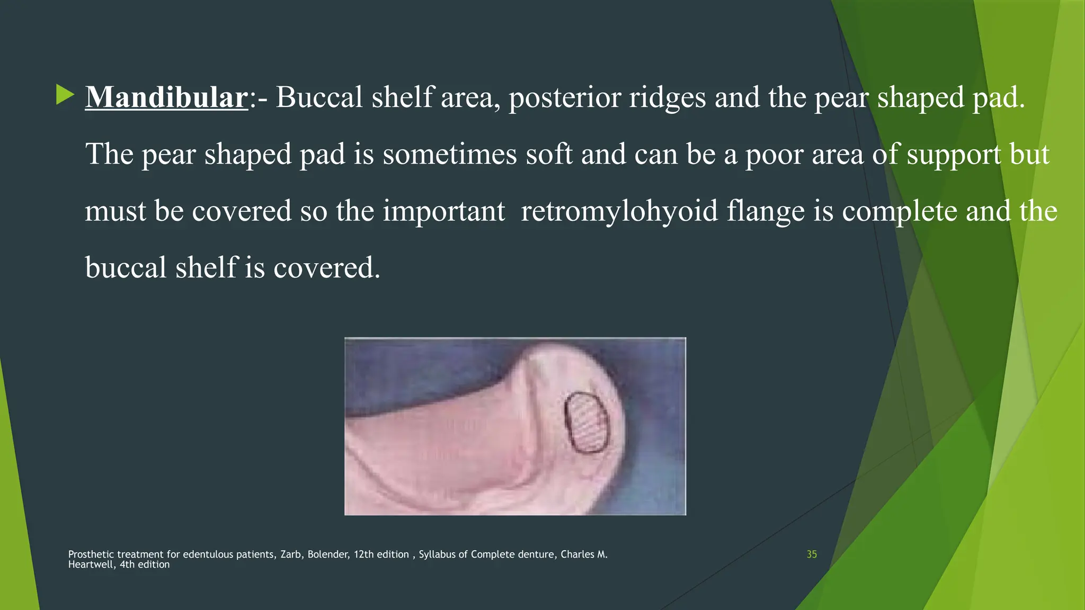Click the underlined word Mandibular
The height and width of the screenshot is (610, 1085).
click(x=166, y=97)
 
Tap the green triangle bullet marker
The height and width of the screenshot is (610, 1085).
click(x=65, y=95)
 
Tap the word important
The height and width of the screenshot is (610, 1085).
click(x=444, y=211)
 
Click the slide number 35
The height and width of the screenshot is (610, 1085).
click(x=812, y=554)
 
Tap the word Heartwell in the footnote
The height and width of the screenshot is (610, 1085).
click(x=90, y=564)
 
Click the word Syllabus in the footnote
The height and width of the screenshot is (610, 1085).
click(x=437, y=554)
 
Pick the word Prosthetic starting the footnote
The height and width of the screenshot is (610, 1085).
click(x=91, y=554)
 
